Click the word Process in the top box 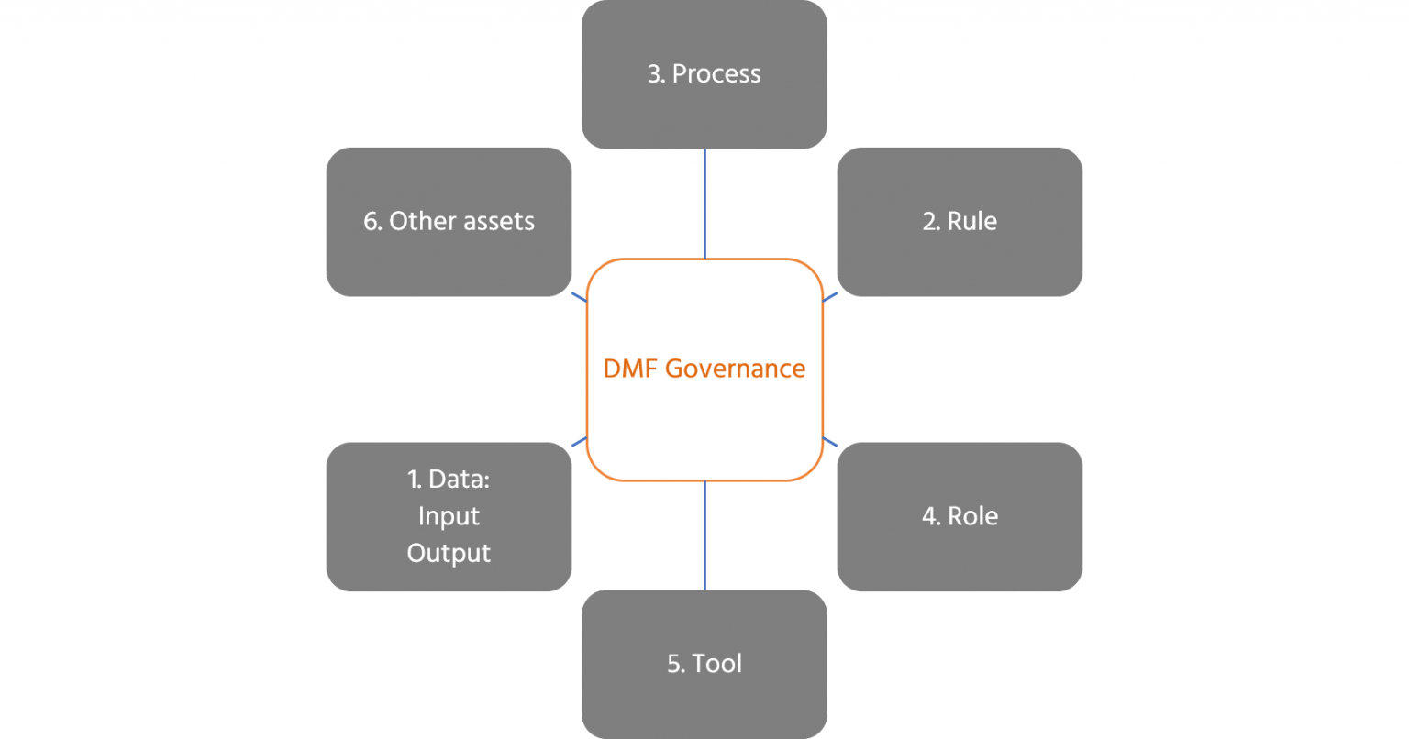(x=716, y=74)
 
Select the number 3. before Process (x=656, y=74)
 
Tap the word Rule (x=971, y=222)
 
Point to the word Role (x=972, y=516)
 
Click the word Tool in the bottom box (x=716, y=664)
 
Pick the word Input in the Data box (x=449, y=516)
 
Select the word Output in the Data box (x=449, y=554)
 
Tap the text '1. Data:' (x=449, y=480)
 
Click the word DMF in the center (x=629, y=369)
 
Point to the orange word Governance (x=735, y=369)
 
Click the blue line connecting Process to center (x=704, y=204)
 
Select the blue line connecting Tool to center (x=704, y=535)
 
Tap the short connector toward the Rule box (x=830, y=297)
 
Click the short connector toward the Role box (x=830, y=441)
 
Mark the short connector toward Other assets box (x=579, y=297)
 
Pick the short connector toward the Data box (x=579, y=441)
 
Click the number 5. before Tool (x=676, y=664)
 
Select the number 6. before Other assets (x=372, y=222)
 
